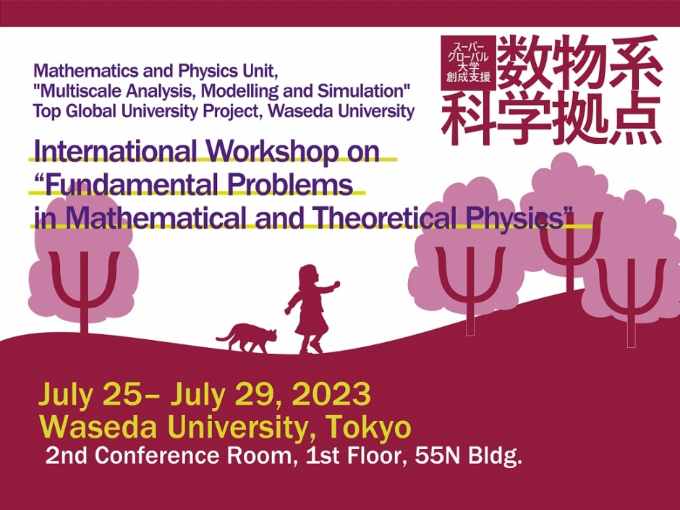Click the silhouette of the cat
pos(250,339)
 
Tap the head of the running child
pos(307,276)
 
